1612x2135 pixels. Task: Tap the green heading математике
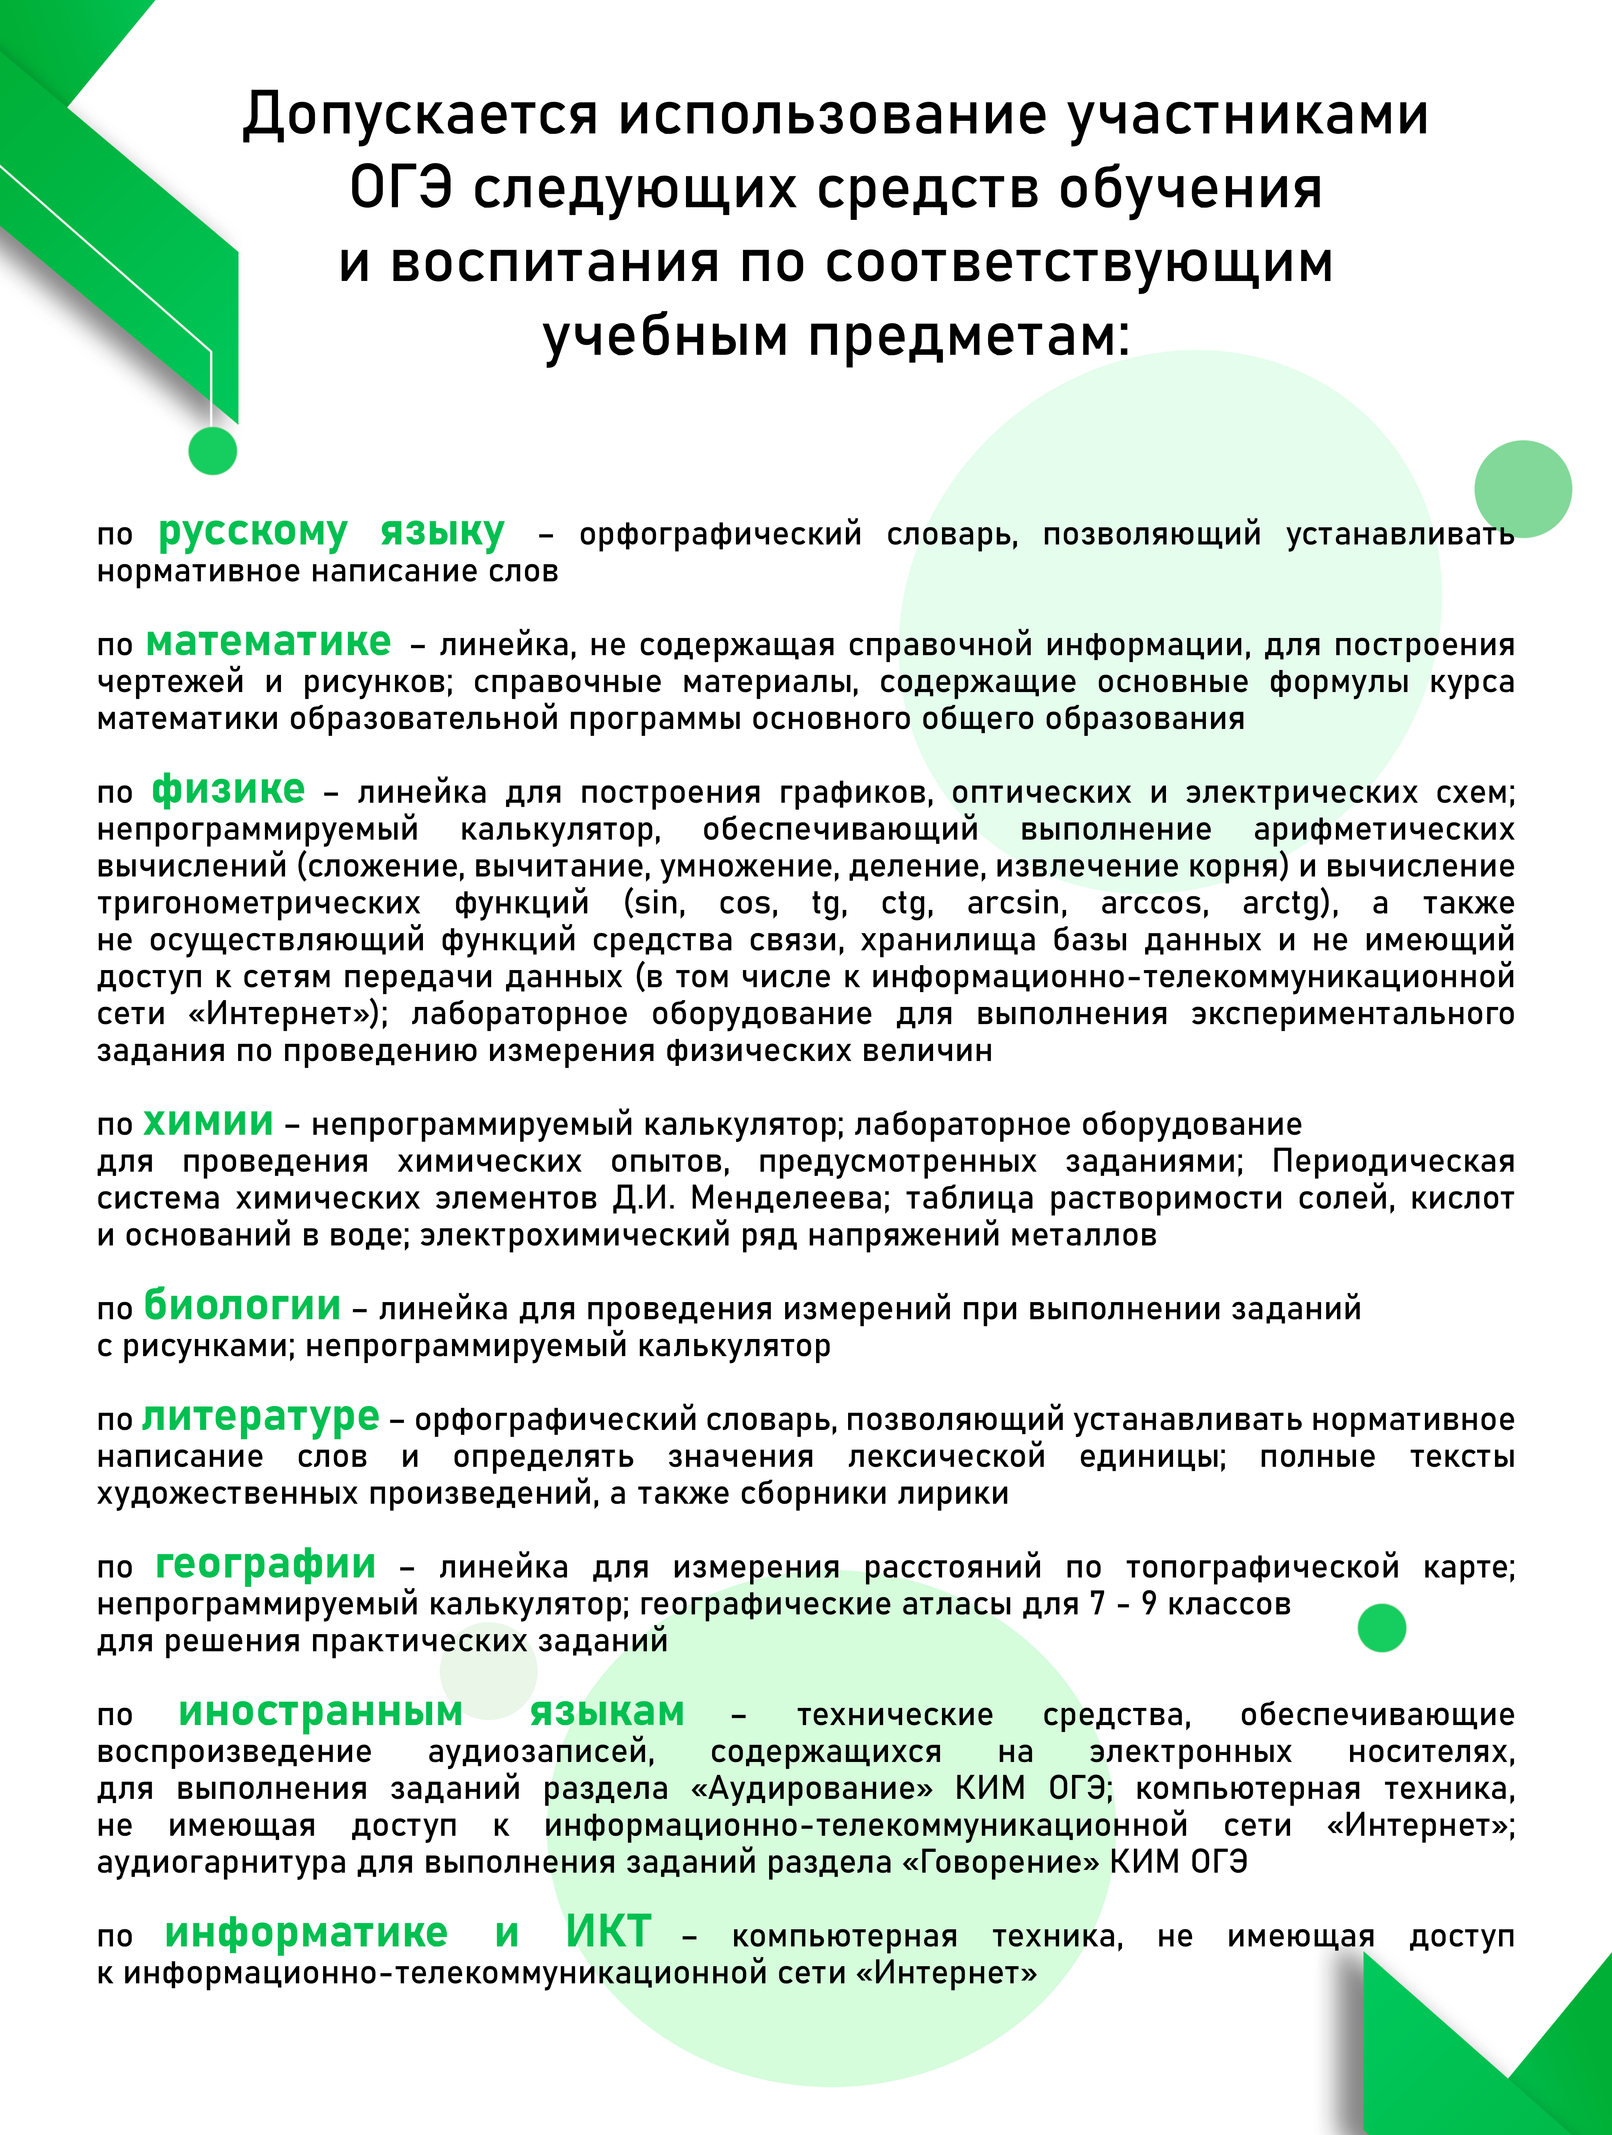(x=268, y=642)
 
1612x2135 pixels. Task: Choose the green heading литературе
(x=260, y=1417)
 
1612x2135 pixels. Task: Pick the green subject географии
(x=265, y=1564)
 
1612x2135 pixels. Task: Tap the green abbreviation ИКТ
(x=609, y=1933)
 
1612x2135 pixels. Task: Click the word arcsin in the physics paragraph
(x=1017, y=903)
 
